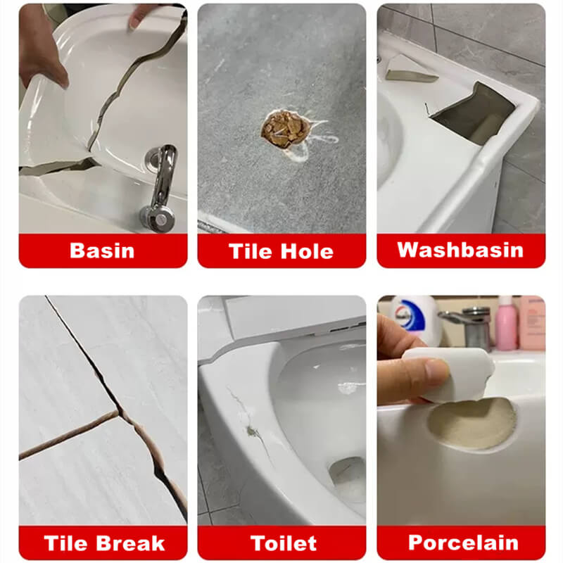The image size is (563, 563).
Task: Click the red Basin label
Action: [103, 251]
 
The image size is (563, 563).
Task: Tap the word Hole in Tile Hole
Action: [307, 251]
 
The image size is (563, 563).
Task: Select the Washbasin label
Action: [461, 251]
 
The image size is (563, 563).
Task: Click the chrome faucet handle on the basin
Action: [161, 186]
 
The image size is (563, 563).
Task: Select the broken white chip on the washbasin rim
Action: [410, 68]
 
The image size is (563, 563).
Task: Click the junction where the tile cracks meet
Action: [120, 412]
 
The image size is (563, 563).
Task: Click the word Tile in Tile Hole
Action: [250, 251]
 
